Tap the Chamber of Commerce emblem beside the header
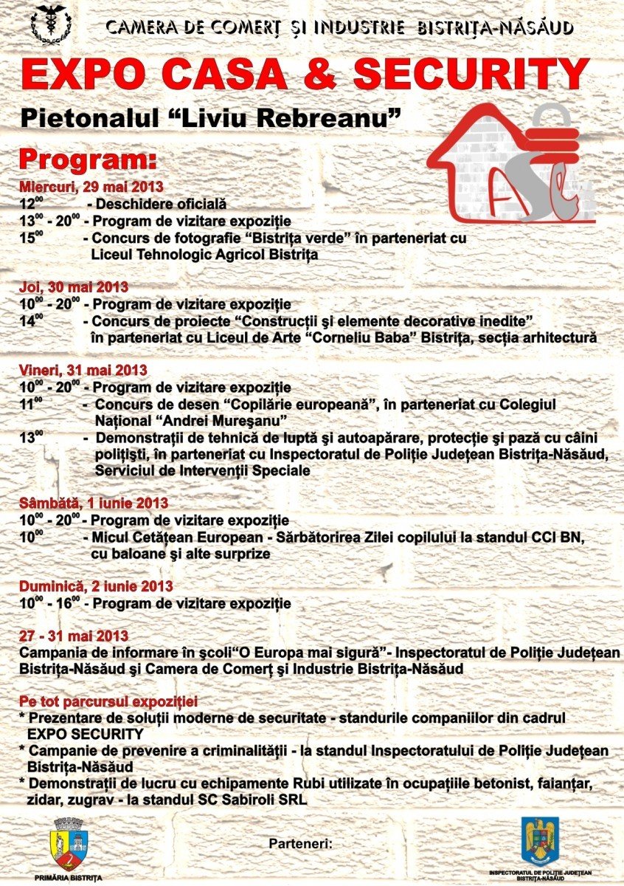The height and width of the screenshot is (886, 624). (x=52, y=24)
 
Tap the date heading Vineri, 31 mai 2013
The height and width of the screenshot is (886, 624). (x=83, y=370)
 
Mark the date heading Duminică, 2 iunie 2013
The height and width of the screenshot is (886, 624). (x=96, y=586)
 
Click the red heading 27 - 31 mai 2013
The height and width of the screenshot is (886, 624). (x=74, y=636)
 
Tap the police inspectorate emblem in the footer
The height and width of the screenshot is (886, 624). (x=541, y=840)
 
